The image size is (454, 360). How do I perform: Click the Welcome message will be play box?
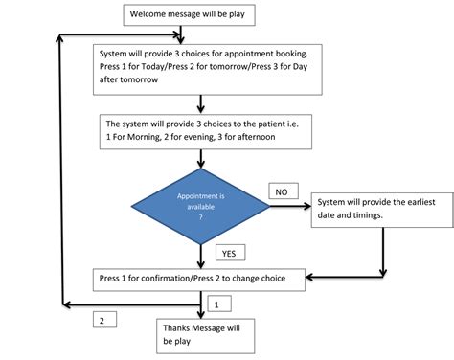coord(187,13)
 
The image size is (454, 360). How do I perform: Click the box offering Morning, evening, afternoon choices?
coord(210,130)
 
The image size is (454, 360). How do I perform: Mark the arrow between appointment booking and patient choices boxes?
coord(200,103)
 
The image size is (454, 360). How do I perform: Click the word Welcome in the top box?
coord(149,13)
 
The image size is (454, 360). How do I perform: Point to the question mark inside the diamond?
coord(200,215)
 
